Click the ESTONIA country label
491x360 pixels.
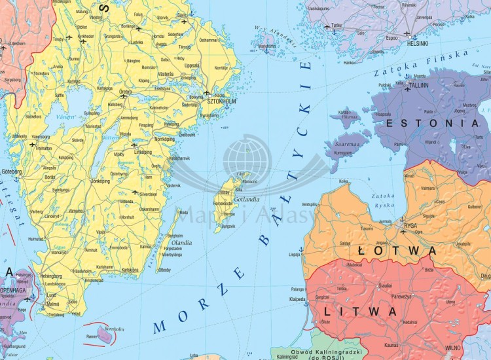click(433, 122)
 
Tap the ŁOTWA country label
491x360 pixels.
click(397, 251)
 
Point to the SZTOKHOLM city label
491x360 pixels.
click(221, 101)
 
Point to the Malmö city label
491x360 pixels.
click(52, 304)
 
